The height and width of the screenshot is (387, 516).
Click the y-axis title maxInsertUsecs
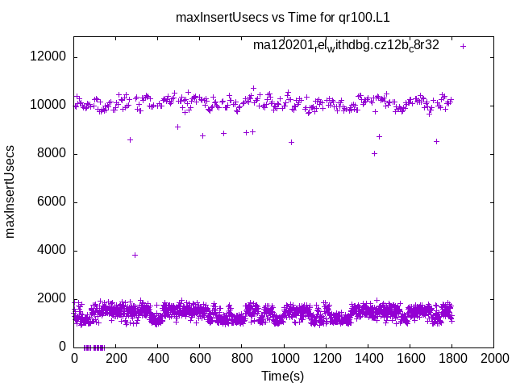pyautogui.click(x=10, y=191)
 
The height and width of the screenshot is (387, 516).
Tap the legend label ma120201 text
pyautogui.click(x=346, y=45)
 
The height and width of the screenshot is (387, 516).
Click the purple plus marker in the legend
pyautogui.click(x=463, y=46)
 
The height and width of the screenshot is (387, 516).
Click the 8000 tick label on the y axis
pyautogui.click(x=54, y=154)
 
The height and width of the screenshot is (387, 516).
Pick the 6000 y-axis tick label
pyautogui.click(x=54, y=202)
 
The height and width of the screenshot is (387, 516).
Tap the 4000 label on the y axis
pyautogui.click(x=54, y=251)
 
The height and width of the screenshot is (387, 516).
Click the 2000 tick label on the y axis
pyautogui.click(x=54, y=299)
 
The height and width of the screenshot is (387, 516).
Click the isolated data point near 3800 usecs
pyautogui.click(x=135, y=255)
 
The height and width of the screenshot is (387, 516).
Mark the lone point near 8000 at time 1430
pyautogui.click(x=374, y=153)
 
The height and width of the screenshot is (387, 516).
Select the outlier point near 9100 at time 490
pyautogui.click(x=177, y=127)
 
